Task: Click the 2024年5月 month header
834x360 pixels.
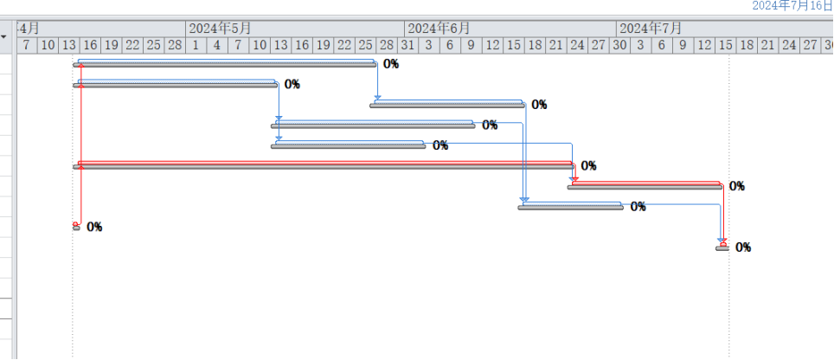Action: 220,28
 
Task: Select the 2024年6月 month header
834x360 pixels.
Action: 439,28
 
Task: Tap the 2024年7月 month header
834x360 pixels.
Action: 650,28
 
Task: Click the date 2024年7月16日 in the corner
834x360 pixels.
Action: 792,6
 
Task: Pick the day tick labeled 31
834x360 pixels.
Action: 407,44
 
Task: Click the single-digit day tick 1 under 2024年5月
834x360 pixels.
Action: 196,44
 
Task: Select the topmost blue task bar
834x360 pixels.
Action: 225,63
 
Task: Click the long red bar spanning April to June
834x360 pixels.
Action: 324,164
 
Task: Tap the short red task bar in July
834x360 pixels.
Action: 645,185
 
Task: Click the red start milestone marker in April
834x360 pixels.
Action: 76,226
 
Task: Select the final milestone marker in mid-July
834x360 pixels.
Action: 722,247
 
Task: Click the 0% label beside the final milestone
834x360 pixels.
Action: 743,247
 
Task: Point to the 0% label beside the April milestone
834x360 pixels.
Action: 94,227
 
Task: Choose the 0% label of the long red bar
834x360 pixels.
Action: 588,165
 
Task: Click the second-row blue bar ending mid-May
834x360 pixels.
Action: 176,84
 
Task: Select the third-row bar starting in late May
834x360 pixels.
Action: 448,104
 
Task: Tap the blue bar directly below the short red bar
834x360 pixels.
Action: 571,206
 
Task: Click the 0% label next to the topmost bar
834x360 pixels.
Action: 391,64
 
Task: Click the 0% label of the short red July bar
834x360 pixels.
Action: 737,186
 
